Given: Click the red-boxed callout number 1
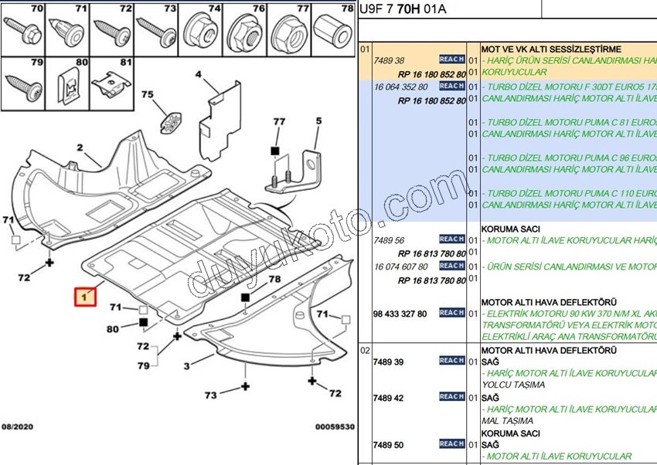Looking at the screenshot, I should point(85,297).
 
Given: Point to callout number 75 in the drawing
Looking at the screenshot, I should point(147,94).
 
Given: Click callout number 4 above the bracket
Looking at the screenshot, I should point(198,74).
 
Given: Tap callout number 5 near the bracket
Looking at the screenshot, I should point(317,120).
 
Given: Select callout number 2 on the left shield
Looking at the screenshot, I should point(79,148).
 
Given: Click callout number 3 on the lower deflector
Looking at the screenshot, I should point(186,365).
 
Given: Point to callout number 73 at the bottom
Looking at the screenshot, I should point(210,395).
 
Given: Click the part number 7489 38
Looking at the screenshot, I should point(388,60).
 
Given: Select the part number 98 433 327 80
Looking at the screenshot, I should point(400,314).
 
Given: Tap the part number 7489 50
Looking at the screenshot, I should point(388,445).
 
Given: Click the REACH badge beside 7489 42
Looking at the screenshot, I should point(451,397).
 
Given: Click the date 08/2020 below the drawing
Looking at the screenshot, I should point(18,426).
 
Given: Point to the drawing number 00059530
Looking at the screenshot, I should point(334,426).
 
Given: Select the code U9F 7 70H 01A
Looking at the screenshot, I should point(403,10).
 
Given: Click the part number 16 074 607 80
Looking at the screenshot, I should point(400,266).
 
